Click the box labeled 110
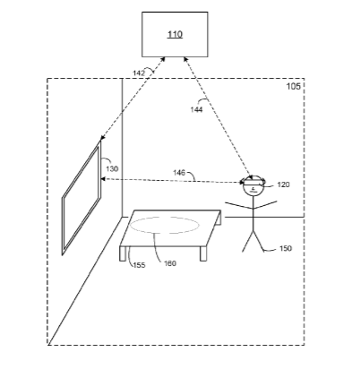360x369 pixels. click(x=175, y=34)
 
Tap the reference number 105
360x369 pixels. click(x=294, y=86)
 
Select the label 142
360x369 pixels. click(x=139, y=73)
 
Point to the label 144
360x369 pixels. click(x=196, y=110)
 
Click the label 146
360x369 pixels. click(x=179, y=173)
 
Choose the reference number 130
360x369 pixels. click(x=112, y=169)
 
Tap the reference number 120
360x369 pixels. click(x=283, y=184)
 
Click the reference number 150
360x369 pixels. click(x=286, y=248)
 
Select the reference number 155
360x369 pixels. click(x=139, y=265)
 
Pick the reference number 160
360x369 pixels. click(x=170, y=263)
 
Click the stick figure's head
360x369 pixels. click(x=253, y=187)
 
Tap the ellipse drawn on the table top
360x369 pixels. click(x=165, y=225)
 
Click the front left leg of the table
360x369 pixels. click(x=123, y=253)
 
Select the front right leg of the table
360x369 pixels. click(x=203, y=253)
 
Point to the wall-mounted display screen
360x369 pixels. click(x=81, y=197)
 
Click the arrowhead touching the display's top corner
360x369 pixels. click(x=102, y=138)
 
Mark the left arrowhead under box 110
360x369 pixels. click(x=163, y=59)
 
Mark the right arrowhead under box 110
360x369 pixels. click(x=185, y=59)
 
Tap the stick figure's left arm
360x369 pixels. click(x=239, y=205)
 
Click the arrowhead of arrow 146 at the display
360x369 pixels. click(x=103, y=179)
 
